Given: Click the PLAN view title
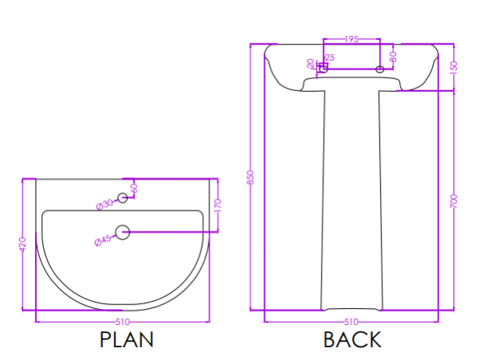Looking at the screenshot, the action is pyautogui.click(x=126, y=339).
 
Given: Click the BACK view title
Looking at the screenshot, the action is pyautogui.click(x=352, y=339).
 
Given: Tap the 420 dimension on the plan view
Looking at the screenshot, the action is pyautogui.click(x=22, y=244).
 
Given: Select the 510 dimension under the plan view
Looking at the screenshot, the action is pyautogui.click(x=122, y=322).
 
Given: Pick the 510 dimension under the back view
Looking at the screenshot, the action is pyautogui.click(x=351, y=322).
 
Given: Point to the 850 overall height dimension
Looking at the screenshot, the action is pyautogui.click(x=250, y=177).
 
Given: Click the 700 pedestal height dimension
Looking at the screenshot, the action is pyautogui.click(x=454, y=201).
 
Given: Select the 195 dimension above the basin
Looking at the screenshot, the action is pyautogui.click(x=351, y=39).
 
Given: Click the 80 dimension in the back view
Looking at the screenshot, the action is pyautogui.click(x=393, y=57).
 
